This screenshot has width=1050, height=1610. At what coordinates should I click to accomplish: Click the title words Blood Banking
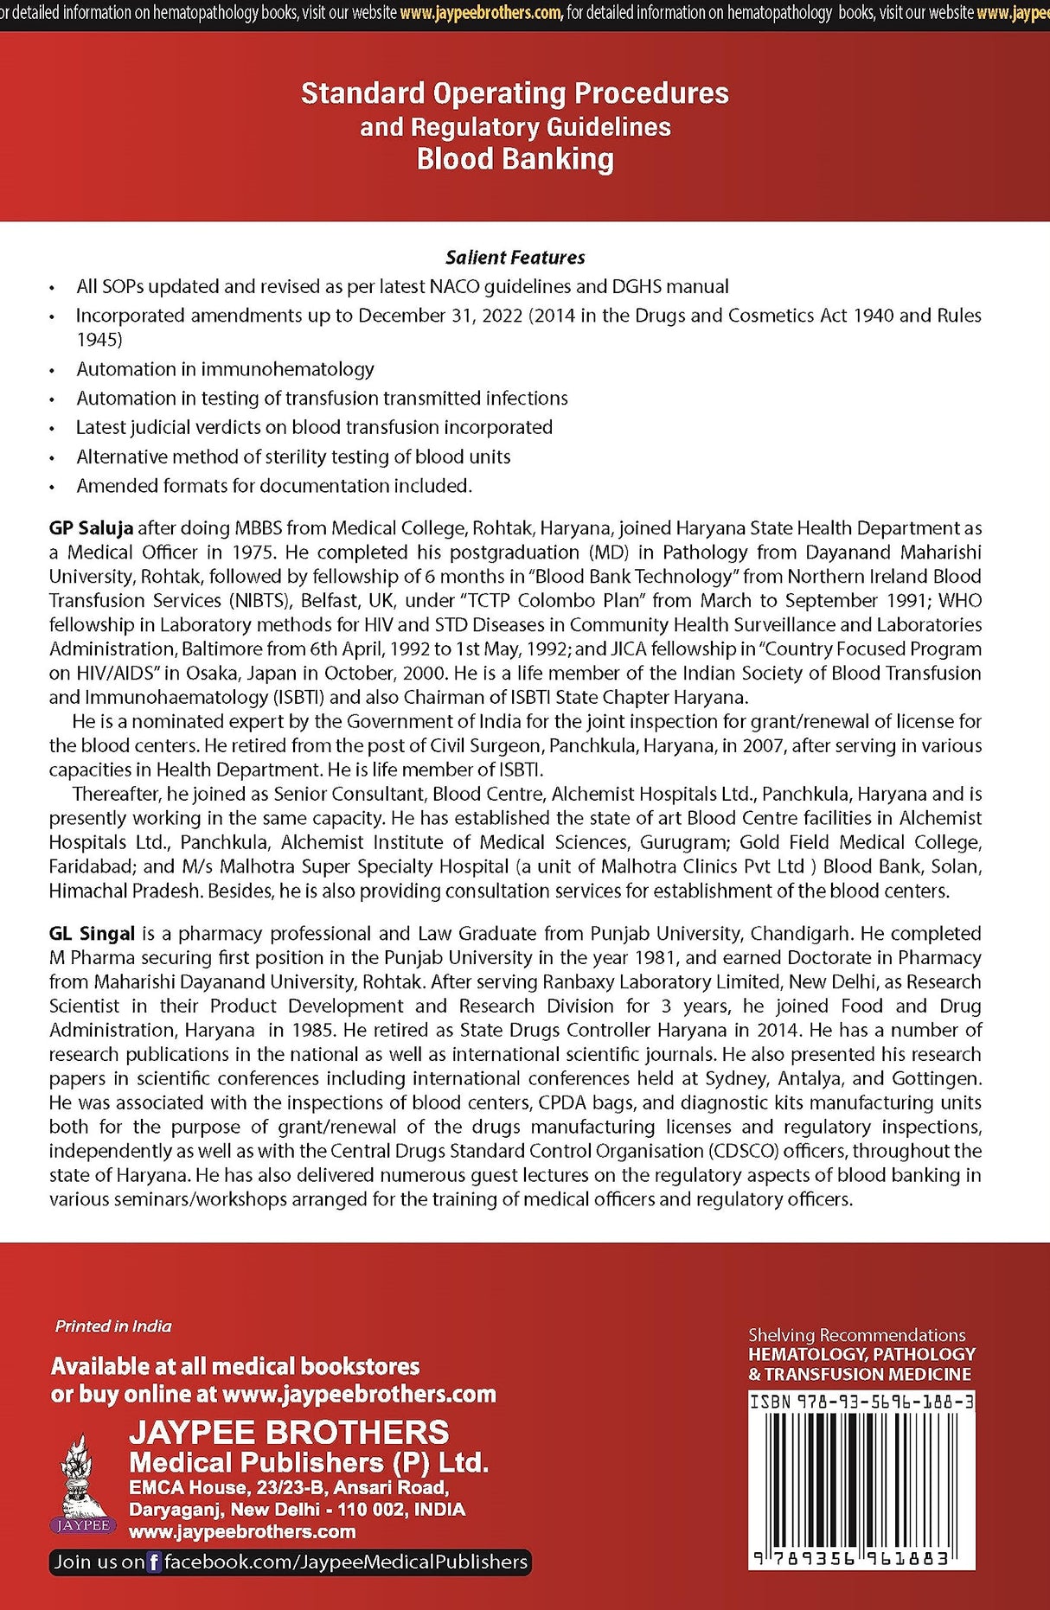tap(515, 159)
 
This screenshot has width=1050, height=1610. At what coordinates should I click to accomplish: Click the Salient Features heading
tap(515, 257)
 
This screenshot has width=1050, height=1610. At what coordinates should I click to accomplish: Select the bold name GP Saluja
tap(91, 527)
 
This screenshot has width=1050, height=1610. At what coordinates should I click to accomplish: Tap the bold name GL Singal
tap(92, 933)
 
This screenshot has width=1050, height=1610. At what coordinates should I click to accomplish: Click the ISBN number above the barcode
tap(861, 1402)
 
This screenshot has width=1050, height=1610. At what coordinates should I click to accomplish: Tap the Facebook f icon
tap(154, 1562)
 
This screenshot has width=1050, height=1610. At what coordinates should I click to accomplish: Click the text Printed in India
tap(113, 1326)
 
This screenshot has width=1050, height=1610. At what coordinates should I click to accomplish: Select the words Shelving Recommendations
tap(856, 1335)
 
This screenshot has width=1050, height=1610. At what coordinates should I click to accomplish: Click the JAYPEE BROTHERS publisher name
tap(289, 1432)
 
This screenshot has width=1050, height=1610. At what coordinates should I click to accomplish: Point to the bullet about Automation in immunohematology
tap(225, 369)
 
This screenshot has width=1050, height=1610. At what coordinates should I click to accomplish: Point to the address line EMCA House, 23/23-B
tap(288, 1487)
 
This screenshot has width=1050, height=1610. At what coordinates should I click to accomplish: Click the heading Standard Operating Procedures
tap(515, 93)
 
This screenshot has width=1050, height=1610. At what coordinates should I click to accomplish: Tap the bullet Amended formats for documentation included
tap(274, 486)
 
